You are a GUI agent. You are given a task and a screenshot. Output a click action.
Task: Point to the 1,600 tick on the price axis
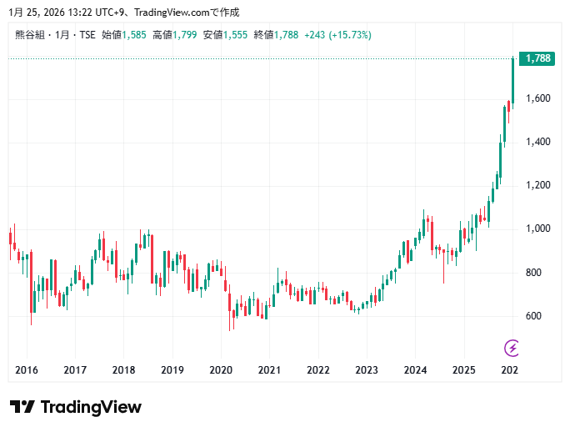tap(537, 98)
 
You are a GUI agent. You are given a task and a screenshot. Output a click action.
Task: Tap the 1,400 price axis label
tap(537, 142)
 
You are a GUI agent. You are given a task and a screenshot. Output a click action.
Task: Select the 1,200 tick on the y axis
tap(537, 185)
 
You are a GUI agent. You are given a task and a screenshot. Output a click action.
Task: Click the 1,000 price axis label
tap(537, 229)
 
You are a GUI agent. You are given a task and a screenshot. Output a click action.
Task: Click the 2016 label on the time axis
tap(27, 370)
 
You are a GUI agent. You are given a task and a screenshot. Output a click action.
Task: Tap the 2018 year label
tap(123, 370)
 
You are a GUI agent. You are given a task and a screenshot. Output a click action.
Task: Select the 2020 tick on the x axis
tap(221, 370)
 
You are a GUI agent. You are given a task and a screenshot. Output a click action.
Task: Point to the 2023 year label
tap(367, 370)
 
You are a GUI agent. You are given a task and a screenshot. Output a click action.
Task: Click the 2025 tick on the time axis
tap(463, 370)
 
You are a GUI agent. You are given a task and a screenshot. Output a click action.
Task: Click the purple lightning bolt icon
tap(512, 347)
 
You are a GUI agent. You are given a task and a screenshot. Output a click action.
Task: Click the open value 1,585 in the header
tap(134, 35)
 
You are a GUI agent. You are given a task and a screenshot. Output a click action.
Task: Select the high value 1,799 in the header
tap(187, 35)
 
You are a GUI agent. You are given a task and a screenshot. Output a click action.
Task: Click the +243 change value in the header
tap(314, 35)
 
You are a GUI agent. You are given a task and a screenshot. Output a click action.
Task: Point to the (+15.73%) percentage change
tap(350, 35)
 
